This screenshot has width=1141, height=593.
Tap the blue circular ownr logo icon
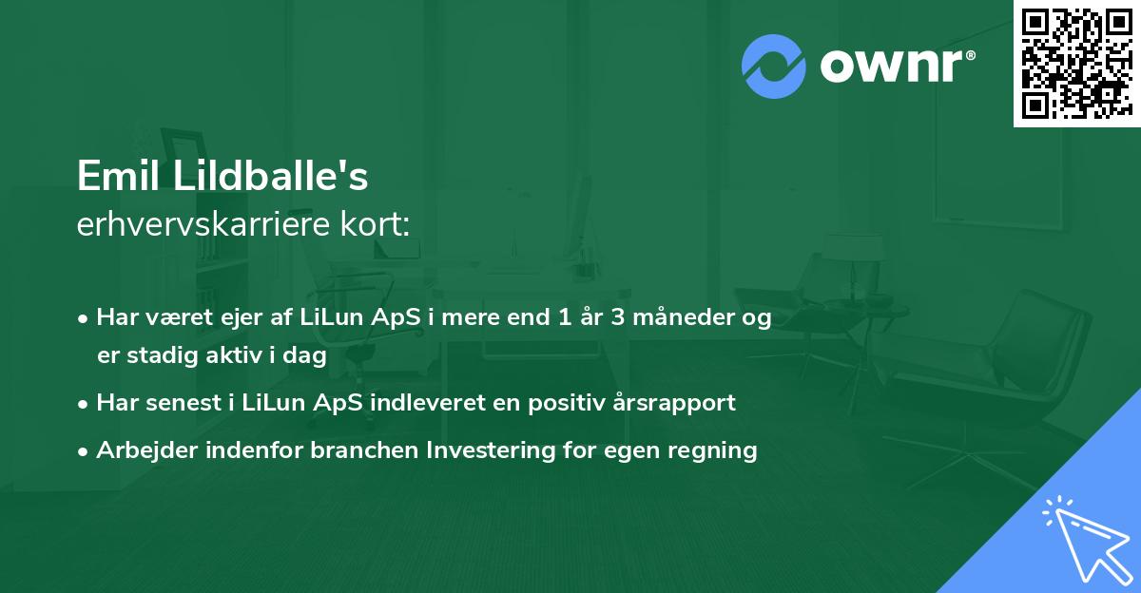pos(774,66)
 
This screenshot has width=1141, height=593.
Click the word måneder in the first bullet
pos(685,317)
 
